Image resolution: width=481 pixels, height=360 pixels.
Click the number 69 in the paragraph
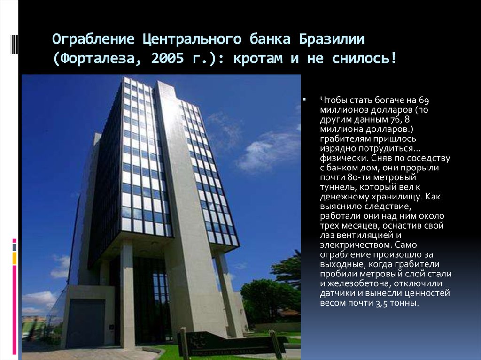click(425, 100)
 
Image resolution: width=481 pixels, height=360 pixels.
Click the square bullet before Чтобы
click(304, 100)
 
